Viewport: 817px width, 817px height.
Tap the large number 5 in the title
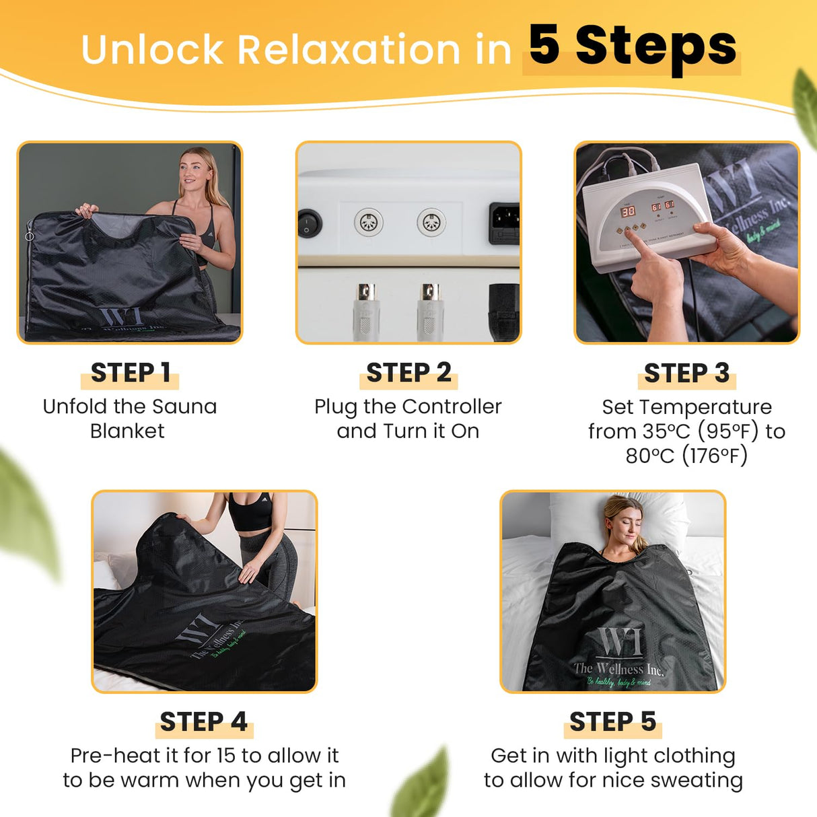click(x=544, y=46)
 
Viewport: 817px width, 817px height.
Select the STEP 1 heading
click(x=130, y=373)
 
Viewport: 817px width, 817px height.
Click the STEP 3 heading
click(x=686, y=373)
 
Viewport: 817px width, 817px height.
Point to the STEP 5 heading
click(x=612, y=721)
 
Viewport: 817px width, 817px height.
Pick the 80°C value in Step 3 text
click(x=649, y=456)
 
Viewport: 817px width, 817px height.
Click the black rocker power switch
click(x=310, y=222)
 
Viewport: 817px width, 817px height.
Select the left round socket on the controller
click(x=368, y=221)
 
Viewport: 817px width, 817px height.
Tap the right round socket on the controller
click(x=431, y=221)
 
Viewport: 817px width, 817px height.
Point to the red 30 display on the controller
click(x=627, y=211)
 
